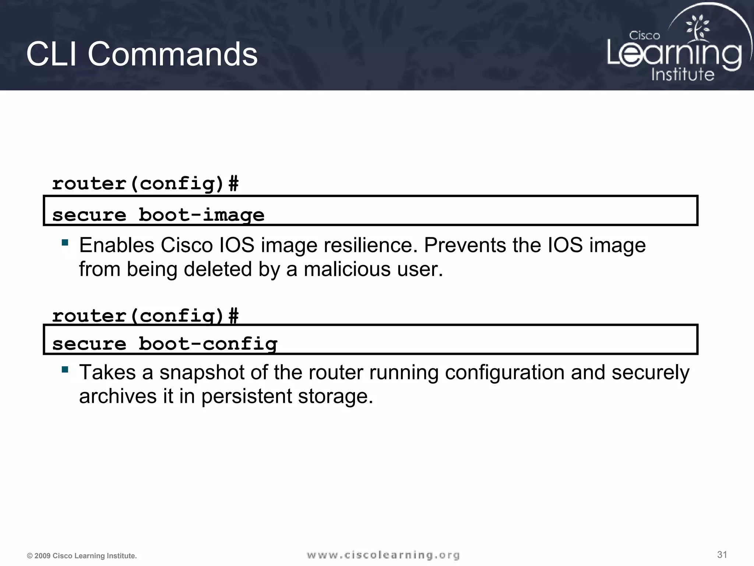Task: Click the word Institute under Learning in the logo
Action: point(683,74)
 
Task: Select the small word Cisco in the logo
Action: point(644,36)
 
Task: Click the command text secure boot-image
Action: point(158,215)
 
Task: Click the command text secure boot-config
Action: point(165,344)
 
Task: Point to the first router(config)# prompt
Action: point(145,183)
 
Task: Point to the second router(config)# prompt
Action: point(145,315)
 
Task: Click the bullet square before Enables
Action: point(65,242)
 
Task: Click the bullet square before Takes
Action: point(65,370)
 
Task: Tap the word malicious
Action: point(347,269)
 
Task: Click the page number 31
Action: point(722,555)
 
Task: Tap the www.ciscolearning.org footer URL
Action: point(383,555)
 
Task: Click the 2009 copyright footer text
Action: point(82,556)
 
